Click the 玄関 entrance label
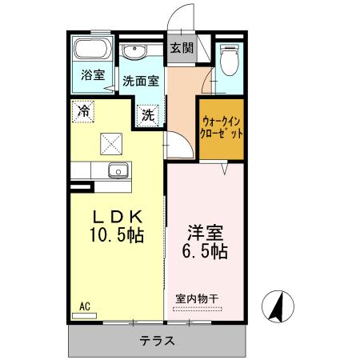click(182, 47)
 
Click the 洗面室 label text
click(142, 81)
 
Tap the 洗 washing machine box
click(149, 114)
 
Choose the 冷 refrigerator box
click(82, 110)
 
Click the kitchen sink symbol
click(118, 171)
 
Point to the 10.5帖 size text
click(117, 237)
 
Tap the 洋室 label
click(206, 233)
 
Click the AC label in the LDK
click(84, 304)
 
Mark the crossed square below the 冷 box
click(110, 143)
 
